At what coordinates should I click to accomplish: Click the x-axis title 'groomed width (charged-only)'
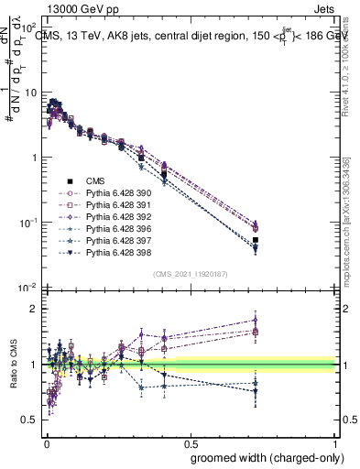click(267, 457)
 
